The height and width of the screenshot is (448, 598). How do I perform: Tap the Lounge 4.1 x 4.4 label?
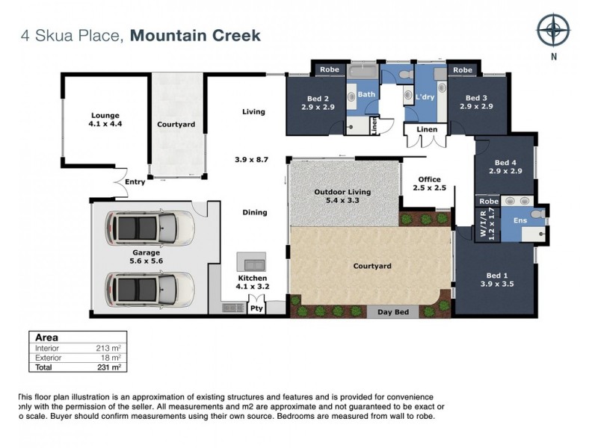105,119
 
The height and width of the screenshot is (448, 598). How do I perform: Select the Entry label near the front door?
135,181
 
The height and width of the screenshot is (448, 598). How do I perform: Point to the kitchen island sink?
252,263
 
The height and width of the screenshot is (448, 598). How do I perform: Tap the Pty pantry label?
256,306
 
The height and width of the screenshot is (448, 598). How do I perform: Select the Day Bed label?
393,311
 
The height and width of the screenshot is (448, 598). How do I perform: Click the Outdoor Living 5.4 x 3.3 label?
342,196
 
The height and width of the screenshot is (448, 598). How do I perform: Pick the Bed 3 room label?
476,103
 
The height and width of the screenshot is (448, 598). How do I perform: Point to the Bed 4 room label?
505,167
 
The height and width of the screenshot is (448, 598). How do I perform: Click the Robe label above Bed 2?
329,69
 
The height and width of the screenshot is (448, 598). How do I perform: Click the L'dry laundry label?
425,96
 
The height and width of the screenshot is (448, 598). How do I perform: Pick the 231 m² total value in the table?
110,367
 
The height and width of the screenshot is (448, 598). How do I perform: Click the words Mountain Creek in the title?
195,35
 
